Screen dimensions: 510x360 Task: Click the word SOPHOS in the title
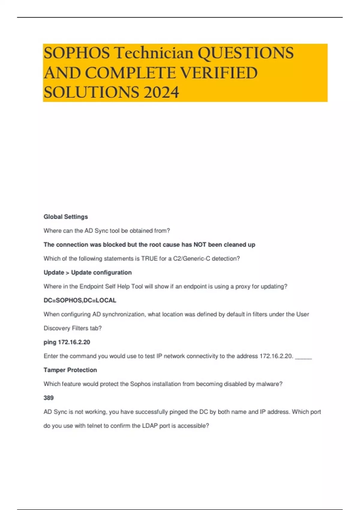(x=77, y=53)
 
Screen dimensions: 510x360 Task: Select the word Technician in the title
(x=154, y=53)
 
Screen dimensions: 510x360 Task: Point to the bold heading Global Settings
(x=66, y=217)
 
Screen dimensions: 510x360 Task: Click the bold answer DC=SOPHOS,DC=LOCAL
(x=80, y=300)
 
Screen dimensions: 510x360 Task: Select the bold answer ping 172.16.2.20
(x=67, y=342)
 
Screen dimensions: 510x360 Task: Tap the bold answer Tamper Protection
(x=70, y=370)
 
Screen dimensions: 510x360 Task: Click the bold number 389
(x=49, y=398)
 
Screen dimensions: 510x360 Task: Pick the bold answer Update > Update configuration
(x=88, y=272)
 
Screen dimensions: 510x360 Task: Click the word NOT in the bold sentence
(x=200, y=244)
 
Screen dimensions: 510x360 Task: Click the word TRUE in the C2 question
(x=149, y=259)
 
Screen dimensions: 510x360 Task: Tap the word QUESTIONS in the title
(x=246, y=53)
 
